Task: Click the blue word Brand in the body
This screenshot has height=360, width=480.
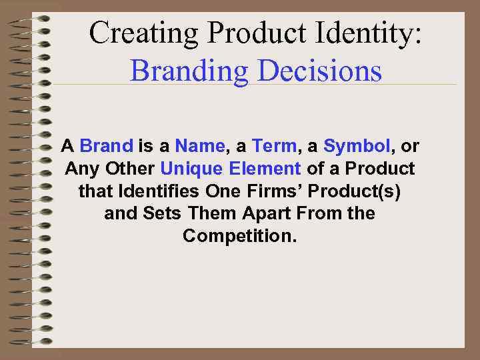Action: click(107, 145)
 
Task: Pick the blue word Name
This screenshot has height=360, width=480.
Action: click(200, 145)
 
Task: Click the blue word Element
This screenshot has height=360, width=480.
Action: click(265, 168)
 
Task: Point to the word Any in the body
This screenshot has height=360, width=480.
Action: click(80, 168)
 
